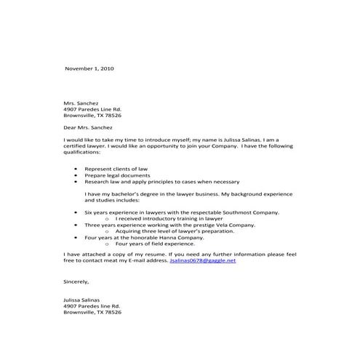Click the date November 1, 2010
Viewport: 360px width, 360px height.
click(89, 68)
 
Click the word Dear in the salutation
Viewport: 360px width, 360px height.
click(71, 127)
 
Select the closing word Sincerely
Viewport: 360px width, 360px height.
click(76, 281)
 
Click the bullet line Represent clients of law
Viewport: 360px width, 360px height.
click(116, 168)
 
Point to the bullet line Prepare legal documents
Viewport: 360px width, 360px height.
click(118, 175)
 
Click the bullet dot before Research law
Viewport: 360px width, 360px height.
click(77, 181)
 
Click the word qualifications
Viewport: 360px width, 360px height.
click(83, 152)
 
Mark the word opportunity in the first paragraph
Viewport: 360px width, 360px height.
click(161, 146)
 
